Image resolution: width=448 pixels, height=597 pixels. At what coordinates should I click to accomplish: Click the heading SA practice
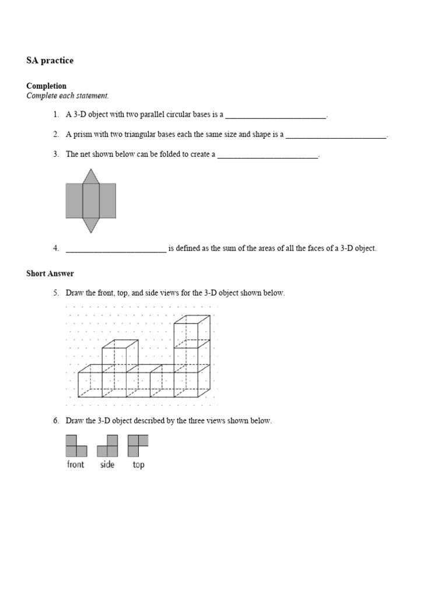pos(50,61)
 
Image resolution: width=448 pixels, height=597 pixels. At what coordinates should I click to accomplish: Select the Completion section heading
pos(47,86)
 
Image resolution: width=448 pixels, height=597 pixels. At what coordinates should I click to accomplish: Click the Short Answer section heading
pos(50,273)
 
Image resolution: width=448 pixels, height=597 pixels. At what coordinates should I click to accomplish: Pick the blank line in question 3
pos(268,156)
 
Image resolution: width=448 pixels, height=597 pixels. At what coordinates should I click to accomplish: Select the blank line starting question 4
pos(116,250)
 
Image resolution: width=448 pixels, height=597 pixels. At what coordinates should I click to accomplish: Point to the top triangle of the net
pos(90,177)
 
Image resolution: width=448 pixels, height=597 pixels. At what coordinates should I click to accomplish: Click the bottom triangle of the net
pos(90,224)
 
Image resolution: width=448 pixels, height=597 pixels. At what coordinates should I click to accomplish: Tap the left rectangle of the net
pos(74,201)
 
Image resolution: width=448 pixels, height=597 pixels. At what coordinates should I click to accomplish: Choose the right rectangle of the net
pos(107,201)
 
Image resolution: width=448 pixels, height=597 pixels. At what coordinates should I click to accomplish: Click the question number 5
pos(56,293)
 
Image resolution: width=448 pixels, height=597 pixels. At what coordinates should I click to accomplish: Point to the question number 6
pos(56,420)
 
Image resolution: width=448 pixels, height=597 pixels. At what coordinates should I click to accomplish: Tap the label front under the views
pos(76,465)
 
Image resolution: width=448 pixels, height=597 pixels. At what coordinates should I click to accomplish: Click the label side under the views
pos(107,465)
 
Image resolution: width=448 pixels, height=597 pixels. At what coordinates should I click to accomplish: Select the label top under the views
pos(138,465)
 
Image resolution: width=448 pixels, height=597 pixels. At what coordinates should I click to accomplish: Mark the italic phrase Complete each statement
pos(68,96)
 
